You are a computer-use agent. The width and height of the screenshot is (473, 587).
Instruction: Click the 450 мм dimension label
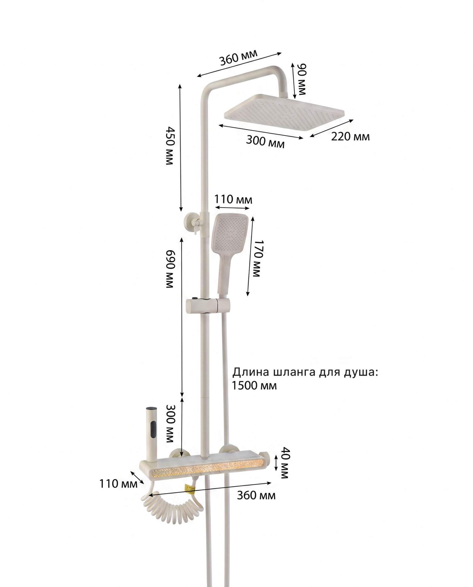[x=170, y=146]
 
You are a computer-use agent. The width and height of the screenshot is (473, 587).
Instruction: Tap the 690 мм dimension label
[x=170, y=269]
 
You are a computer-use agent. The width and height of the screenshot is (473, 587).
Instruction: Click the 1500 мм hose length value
[x=254, y=385]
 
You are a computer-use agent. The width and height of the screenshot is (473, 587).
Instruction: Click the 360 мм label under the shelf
[x=256, y=496]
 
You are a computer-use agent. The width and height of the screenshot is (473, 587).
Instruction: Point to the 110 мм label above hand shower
[x=233, y=200]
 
